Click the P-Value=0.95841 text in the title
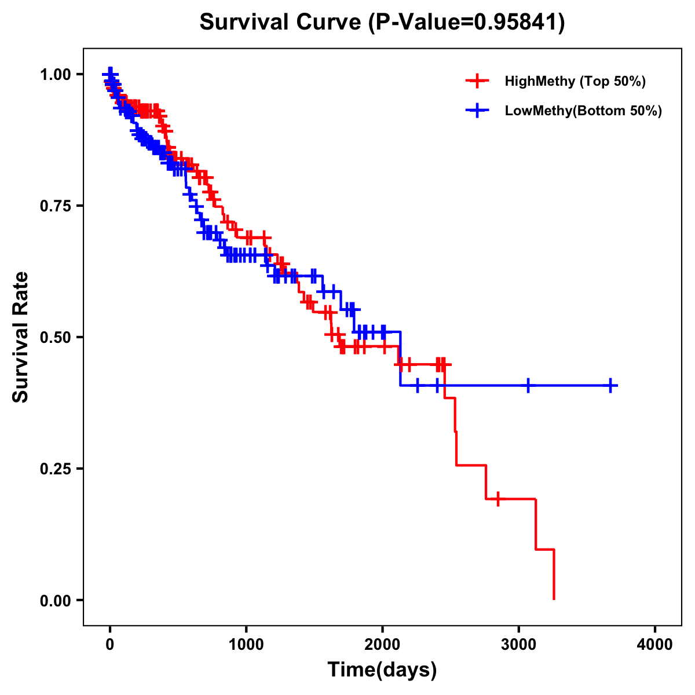(x=466, y=23)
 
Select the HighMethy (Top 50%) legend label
(x=575, y=81)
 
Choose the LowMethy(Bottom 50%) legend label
(x=583, y=111)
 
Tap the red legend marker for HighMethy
(x=477, y=81)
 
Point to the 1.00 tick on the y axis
(x=56, y=75)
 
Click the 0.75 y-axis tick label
(x=56, y=206)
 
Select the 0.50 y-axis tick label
(x=56, y=338)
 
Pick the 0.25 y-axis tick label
(x=56, y=469)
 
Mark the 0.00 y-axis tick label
(x=56, y=601)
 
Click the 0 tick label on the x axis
(x=110, y=645)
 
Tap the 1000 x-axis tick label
(x=246, y=645)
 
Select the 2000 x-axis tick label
(x=382, y=645)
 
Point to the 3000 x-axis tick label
(x=519, y=645)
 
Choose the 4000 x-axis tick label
(x=655, y=645)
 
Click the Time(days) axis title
(x=382, y=670)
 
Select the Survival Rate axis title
(x=21, y=337)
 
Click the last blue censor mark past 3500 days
(x=610, y=385)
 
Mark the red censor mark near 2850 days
(x=498, y=499)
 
